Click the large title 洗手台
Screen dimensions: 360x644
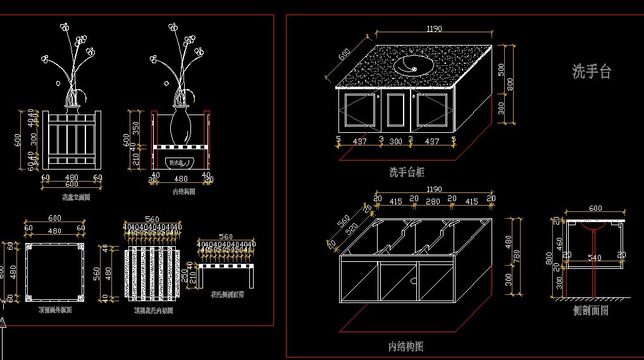click(591, 72)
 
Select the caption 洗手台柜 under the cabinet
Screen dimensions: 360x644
click(407, 171)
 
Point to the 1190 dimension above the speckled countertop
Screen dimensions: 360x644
click(434, 28)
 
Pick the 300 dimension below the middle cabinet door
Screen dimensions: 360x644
click(395, 142)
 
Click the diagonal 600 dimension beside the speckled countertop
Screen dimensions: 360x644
click(344, 56)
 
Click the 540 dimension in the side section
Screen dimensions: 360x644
click(595, 258)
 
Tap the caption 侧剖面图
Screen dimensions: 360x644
click(590, 311)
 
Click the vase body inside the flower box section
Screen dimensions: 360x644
click(182, 125)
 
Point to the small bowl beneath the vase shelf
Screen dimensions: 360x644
click(181, 163)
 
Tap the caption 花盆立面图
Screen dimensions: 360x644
click(75, 197)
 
